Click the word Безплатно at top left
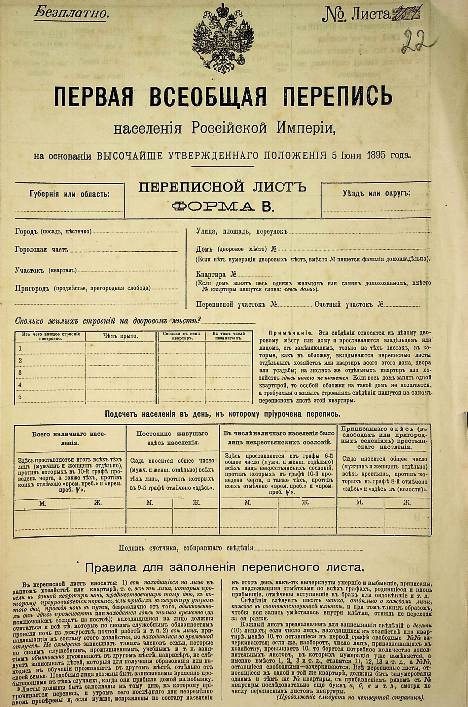71,13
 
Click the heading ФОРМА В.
223,206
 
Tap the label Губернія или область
70,194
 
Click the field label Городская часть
42,250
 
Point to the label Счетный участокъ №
349,304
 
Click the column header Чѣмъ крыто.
120,336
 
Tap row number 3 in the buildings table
20,372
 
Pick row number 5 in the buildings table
20,397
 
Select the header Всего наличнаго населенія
70,438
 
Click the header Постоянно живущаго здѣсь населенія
172,438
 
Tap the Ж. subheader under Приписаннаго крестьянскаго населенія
407,503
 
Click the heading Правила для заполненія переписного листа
225,567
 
